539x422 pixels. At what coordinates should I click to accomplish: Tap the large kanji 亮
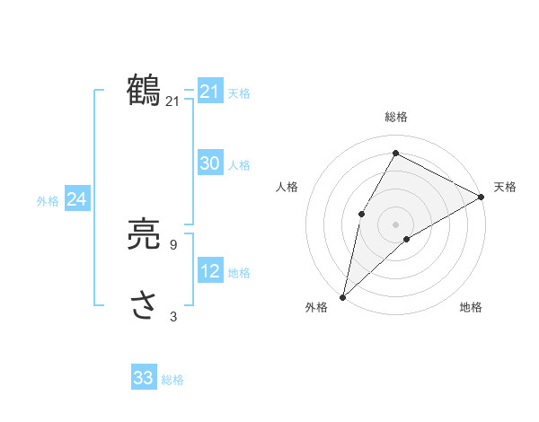click(x=144, y=235)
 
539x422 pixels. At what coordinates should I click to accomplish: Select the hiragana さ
click(x=144, y=306)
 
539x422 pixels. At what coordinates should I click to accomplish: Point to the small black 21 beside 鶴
click(x=172, y=101)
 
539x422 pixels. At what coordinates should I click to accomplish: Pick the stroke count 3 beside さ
click(x=172, y=316)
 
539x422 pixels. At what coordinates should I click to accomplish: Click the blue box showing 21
click(x=210, y=92)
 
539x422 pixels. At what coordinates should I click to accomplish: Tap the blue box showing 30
click(x=210, y=163)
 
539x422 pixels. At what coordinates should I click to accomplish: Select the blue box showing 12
click(x=210, y=271)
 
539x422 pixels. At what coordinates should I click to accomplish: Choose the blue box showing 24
click(x=77, y=199)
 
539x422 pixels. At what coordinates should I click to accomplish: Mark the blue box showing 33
click(x=144, y=378)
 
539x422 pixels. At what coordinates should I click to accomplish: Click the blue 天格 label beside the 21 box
click(x=239, y=92)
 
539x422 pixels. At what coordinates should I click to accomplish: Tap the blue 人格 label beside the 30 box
click(x=239, y=164)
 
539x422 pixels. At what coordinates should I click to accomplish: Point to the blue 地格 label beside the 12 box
click(x=239, y=272)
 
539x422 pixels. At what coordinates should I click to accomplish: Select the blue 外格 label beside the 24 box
click(x=48, y=201)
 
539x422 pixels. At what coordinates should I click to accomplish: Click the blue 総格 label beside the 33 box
click(x=172, y=380)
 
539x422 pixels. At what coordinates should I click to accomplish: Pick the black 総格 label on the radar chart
click(x=396, y=117)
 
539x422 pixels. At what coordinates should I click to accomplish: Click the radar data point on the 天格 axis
click(x=482, y=197)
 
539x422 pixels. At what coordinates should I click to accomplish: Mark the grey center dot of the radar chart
click(x=395, y=224)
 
